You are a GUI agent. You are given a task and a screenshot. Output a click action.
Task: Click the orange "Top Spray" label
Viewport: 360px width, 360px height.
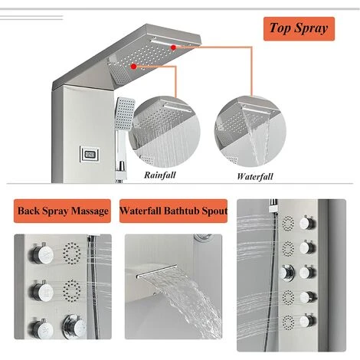pyautogui.click(x=299, y=29)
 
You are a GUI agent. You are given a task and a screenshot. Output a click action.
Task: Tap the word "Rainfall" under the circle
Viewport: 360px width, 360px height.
pyautogui.click(x=160, y=175)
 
